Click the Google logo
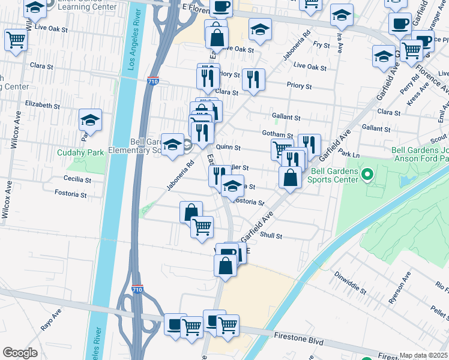(20, 353)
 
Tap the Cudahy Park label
(80, 152)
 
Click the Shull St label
(271, 236)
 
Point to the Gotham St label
(277, 135)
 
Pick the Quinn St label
(228, 147)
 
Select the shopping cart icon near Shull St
(202, 226)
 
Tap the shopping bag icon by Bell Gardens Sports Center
(290, 177)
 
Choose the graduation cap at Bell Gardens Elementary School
(172, 144)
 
